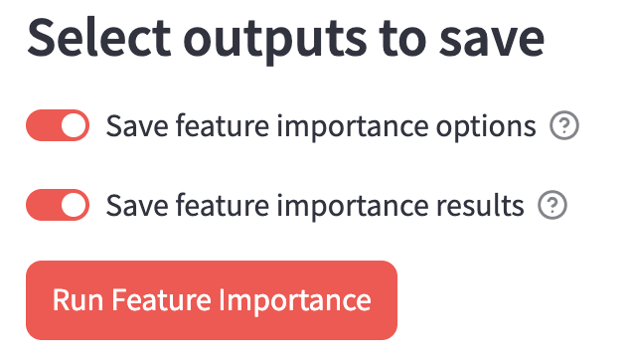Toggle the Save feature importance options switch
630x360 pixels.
pyautogui.click(x=58, y=126)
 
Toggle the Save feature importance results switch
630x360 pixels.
pyautogui.click(x=58, y=206)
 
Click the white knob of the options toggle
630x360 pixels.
pyautogui.click(x=74, y=126)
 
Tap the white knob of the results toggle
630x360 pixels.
pyautogui.click(x=74, y=206)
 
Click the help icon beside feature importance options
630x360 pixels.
pyautogui.click(x=564, y=126)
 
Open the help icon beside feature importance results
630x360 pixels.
pyautogui.click(x=551, y=206)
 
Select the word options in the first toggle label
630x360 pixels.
pyautogui.click(x=487, y=127)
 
